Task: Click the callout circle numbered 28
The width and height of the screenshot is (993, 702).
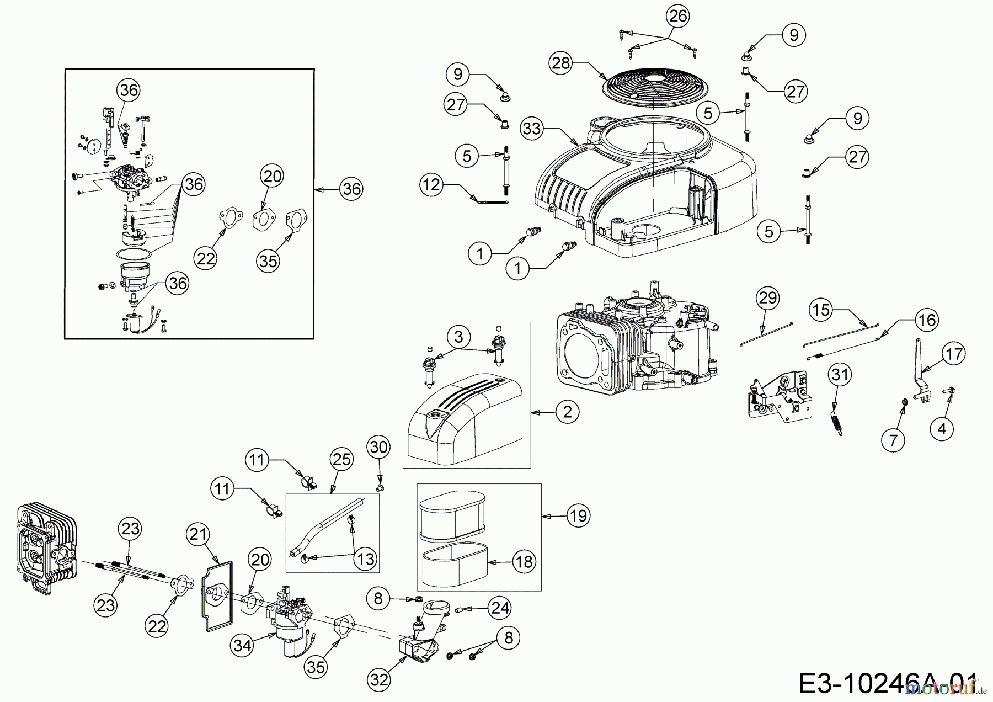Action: [x=560, y=63]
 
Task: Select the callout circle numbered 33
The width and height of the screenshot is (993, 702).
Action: [x=532, y=129]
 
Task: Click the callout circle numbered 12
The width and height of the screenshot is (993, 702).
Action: [x=431, y=184]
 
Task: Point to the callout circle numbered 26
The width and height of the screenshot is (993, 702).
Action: [x=678, y=17]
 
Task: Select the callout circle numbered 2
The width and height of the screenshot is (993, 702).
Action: [x=568, y=412]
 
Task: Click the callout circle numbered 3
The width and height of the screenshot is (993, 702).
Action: [x=459, y=336]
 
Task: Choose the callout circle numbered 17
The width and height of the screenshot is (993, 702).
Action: [x=955, y=353]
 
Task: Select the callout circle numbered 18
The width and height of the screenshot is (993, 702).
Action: [x=524, y=562]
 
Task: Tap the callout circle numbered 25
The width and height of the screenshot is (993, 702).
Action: [x=341, y=459]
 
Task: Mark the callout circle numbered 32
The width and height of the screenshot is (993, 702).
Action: [x=380, y=680]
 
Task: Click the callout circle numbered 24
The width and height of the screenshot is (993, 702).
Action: [x=500, y=608]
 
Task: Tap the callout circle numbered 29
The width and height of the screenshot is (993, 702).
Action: [x=768, y=298]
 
